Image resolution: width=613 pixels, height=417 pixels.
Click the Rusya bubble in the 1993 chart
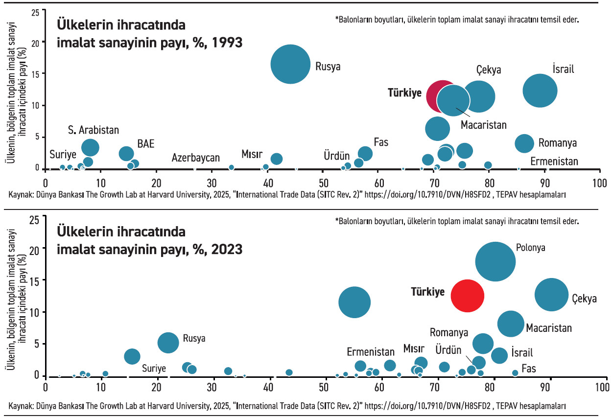(x=291, y=64)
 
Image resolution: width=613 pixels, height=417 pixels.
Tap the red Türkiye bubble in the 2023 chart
(x=467, y=296)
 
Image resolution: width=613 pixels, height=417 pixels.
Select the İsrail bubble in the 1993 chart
(x=540, y=90)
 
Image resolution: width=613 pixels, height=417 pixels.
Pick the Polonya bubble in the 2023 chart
(x=495, y=261)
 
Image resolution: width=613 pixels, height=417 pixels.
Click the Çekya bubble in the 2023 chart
(x=551, y=295)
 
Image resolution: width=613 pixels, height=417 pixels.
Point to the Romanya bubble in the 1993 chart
(x=524, y=143)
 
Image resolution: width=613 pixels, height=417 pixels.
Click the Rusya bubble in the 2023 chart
(x=168, y=343)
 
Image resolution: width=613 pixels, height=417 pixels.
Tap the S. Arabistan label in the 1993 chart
(x=94, y=130)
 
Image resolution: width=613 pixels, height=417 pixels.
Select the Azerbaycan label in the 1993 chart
(x=195, y=158)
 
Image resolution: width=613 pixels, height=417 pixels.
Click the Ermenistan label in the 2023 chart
(x=371, y=352)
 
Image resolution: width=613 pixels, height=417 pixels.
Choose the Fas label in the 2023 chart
(x=528, y=369)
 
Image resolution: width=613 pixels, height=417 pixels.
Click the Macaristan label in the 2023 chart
(x=549, y=327)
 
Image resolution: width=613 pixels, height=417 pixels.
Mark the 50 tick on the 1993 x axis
(x=323, y=184)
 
